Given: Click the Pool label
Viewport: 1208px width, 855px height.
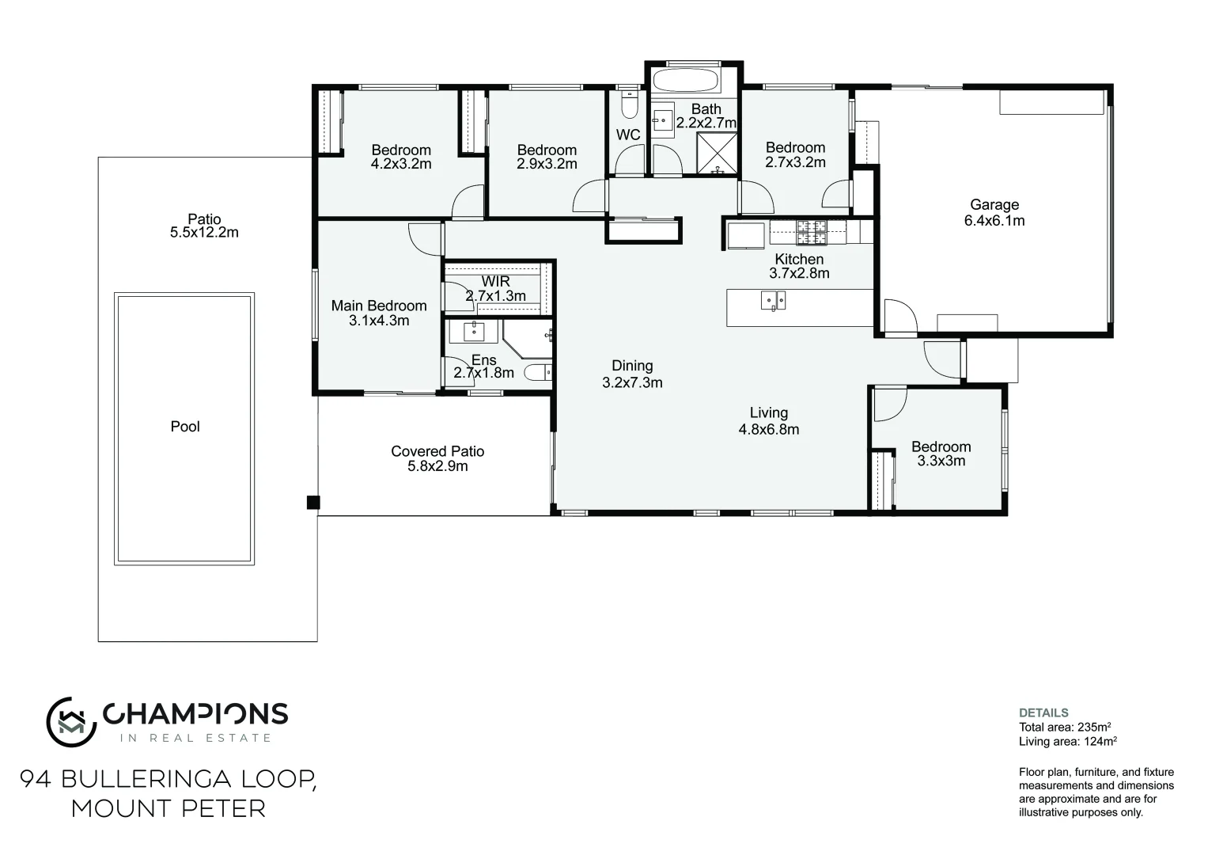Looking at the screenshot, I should (x=185, y=427).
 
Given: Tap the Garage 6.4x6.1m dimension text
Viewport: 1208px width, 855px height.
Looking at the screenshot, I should (x=994, y=221).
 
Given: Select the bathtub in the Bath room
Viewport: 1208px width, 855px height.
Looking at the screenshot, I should (x=684, y=80).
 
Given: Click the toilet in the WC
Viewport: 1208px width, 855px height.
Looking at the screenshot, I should (x=629, y=105).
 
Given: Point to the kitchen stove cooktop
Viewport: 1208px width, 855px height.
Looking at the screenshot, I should (x=811, y=231).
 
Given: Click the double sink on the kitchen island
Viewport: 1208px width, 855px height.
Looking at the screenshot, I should (x=773, y=300).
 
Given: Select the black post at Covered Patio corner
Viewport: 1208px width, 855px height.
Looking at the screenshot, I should (x=313, y=502).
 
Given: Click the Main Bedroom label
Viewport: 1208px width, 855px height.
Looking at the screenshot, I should (x=378, y=306).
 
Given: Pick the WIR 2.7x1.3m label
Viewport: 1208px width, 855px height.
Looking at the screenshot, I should (x=495, y=289).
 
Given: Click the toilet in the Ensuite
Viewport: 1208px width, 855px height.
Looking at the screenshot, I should (x=540, y=372).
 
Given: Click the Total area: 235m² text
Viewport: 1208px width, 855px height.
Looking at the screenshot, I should (x=1066, y=727).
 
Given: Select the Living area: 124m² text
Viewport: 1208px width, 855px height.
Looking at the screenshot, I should (x=1068, y=742).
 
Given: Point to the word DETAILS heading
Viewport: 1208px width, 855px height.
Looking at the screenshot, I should (x=1043, y=712).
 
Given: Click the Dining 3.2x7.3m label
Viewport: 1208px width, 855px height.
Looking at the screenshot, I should (x=632, y=374).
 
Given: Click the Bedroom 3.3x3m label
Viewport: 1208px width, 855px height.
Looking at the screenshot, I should (x=941, y=454).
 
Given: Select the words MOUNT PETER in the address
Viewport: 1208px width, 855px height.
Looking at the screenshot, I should (x=168, y=809).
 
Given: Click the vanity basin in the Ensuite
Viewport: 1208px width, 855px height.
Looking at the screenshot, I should (x=477, y=329).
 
